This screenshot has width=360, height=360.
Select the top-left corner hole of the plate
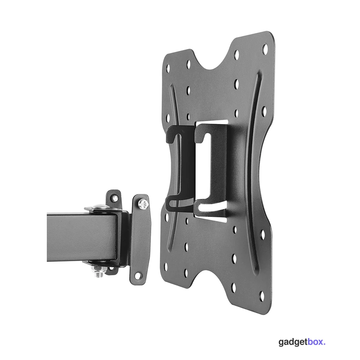(168, 67)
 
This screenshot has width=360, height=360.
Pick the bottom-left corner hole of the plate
(166, 267)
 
